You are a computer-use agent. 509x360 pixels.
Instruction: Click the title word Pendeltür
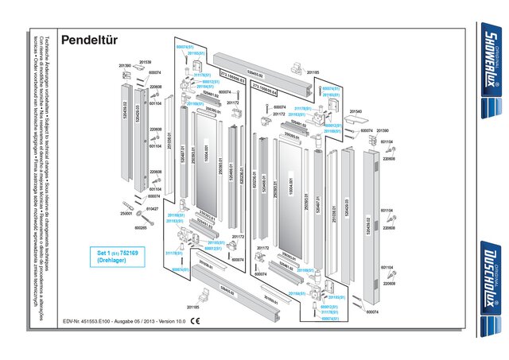pos(90,39)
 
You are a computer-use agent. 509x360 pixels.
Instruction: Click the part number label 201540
pos(356,111)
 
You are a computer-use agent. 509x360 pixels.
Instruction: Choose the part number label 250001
pos(125,213)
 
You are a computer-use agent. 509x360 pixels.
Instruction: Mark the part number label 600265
pos(141,227)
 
